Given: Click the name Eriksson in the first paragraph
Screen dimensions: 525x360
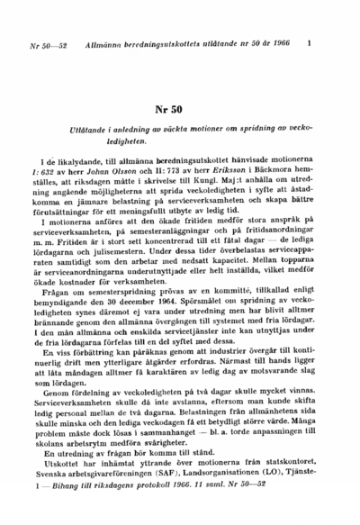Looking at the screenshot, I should pos(214,168).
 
